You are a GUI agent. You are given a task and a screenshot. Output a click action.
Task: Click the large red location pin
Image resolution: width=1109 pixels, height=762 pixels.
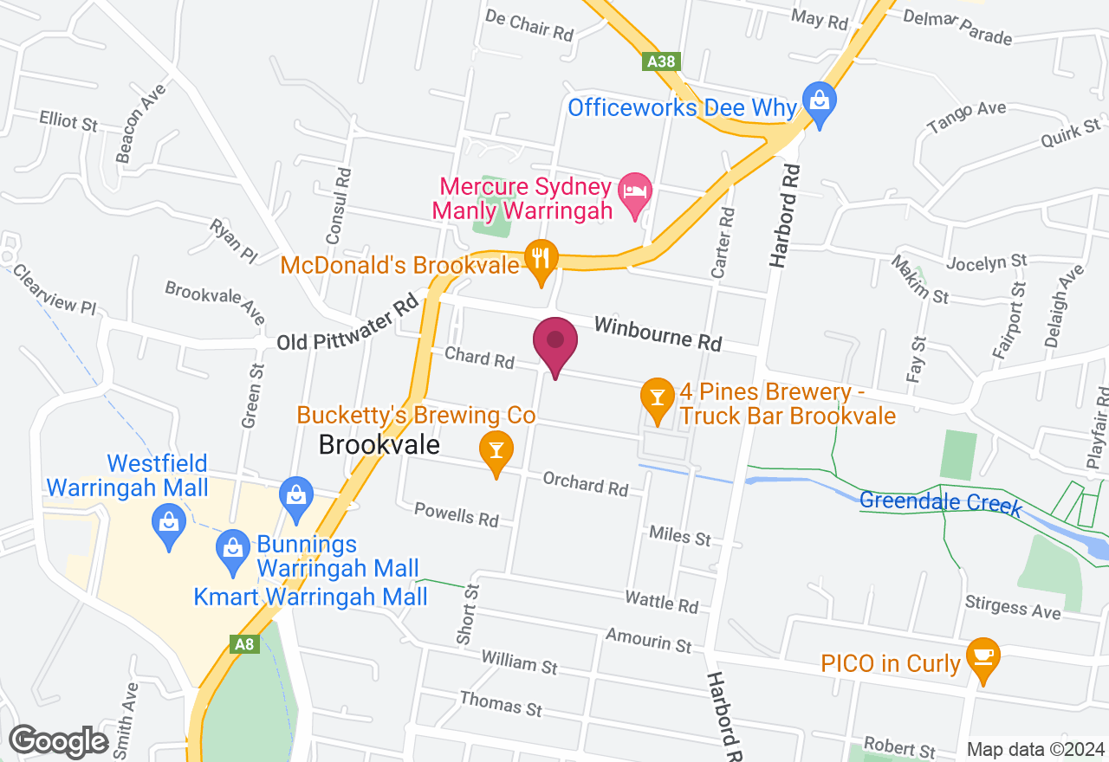pyautogui.click(x=555, y=345)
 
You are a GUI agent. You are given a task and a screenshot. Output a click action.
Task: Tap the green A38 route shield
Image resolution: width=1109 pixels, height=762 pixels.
pyautogui.click(x=661, y=62)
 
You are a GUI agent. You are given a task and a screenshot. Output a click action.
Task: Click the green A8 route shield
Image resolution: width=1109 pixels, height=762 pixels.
pyautogui.click(x=244, y=644)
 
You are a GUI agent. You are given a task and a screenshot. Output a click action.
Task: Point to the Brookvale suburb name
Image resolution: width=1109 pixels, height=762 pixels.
pyautogui.click(x=379, y=445)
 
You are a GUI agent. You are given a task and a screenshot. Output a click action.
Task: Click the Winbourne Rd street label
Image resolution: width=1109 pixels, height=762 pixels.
pyautogui.click(x=658, y=333)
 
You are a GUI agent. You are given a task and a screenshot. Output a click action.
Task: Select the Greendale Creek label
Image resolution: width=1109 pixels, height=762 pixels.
pyautogui.click(x=941, y=502)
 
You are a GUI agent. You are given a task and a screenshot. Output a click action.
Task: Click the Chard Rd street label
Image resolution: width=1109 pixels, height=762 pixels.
pyautogui.click(x=479, y=357)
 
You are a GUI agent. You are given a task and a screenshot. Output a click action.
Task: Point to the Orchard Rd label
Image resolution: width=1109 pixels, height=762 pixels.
pyautogui.click(x=585, y=483)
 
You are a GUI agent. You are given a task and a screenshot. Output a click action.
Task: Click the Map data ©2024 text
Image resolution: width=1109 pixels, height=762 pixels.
pyautogui.click(x=1036, y=750)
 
